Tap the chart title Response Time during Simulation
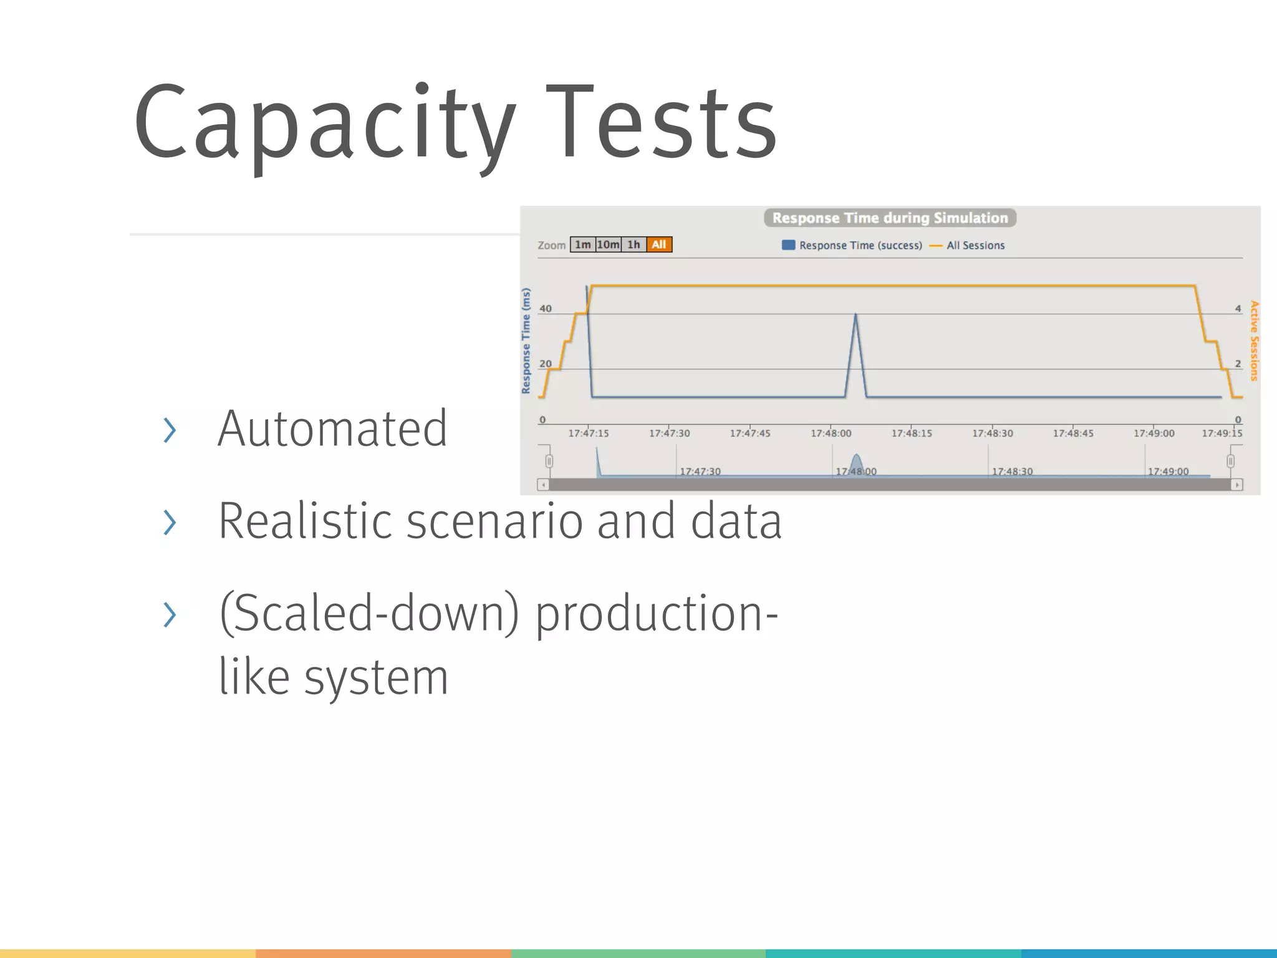[x=890, y=218]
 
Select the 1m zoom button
[x=582, y=244]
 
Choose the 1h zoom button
[x=634, y=244]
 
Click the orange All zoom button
[x=659, y=244]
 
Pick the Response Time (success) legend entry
[x=852, y=246]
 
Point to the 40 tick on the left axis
[x=546, y=309]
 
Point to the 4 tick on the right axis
[x=1238, y=309]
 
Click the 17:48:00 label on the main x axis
[x=831, y=433]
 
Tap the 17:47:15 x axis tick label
[x=588, y=433]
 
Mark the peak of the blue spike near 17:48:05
[x=855, y=315]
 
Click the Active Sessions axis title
[x=1254, y=341]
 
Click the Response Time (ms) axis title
[x=526, y=341]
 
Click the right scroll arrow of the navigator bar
[x=1237, y=485]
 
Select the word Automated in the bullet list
[x=332, y=429]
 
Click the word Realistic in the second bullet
[x=305, y=521]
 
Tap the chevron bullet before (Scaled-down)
[x=169, y=614]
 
